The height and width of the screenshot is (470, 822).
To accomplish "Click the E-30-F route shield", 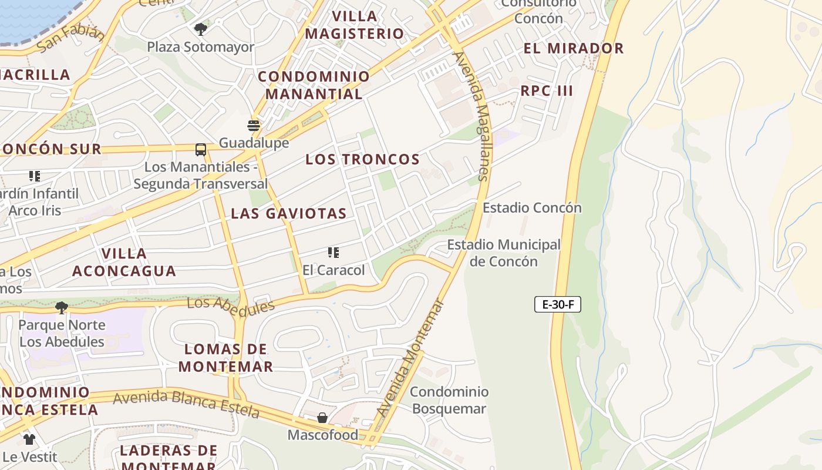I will (x=557, y=304).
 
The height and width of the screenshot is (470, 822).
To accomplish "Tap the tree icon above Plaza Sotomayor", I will (x=201, y=29).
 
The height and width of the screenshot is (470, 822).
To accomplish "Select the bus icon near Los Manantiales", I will (x=201, y=150).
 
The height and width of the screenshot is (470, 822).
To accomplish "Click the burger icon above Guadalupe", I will (x=254, y=125).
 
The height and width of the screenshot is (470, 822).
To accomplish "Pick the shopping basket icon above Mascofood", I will (x=322, y=418).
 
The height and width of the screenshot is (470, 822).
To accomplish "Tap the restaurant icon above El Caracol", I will (x=333, y=253).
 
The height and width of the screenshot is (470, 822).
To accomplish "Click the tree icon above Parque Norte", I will (x=62, y=307).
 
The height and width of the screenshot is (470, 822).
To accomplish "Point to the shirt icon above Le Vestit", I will (x=29, y=439).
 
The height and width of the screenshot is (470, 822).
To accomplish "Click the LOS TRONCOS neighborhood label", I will (x=362, y=159).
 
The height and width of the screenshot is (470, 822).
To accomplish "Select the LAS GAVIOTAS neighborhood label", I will (x=288, y=213).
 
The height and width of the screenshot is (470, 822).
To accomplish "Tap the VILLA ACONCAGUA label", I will (x=124, y=262).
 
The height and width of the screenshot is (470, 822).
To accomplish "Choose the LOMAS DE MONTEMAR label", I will (x=225, y=358).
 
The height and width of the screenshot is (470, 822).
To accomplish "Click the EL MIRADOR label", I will (x=573, y=48).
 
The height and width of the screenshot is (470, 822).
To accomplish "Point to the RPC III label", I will (x=547, y=91).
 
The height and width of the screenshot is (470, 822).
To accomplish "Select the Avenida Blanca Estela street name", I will (x=186, y=404).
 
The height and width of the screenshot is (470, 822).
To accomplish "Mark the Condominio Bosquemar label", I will (x=449, y=400).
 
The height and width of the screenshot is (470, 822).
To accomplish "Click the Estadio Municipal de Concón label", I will (x=504, y=253).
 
